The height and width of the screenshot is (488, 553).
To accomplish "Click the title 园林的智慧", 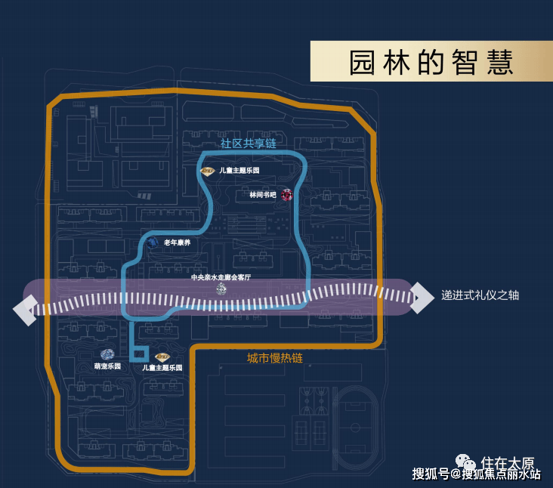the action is (431, 63).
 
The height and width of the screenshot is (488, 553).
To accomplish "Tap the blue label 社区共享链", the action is (249, 144).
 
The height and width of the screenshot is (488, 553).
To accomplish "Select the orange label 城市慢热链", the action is (275, 358).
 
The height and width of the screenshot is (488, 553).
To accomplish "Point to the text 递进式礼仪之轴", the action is (480, 295).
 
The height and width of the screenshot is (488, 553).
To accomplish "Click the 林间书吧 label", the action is (263, 195).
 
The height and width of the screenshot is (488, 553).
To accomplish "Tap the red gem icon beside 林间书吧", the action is (287, 195).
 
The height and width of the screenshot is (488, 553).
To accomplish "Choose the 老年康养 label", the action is (177, 242).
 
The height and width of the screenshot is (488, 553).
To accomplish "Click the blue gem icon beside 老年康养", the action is (153, 242).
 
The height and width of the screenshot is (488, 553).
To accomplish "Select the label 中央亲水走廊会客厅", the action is (221, 277).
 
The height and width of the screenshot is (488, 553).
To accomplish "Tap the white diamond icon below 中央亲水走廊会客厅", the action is (221, 289).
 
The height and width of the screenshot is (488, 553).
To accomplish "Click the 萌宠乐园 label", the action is (107, 366).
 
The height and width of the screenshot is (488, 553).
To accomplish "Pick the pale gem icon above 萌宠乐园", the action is (107, 354).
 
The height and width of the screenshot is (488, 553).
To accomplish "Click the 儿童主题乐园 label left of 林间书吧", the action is (239, 170).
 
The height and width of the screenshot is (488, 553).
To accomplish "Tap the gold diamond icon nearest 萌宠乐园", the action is (162, 357).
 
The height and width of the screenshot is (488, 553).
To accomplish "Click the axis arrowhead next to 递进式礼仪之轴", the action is (422, 298).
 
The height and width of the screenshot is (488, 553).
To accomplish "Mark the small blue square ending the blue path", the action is (138, 354).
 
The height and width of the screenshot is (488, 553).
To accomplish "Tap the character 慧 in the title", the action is (500, 63).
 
